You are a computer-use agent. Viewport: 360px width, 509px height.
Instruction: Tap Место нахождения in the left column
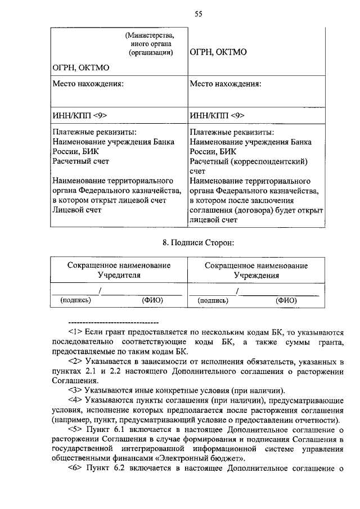pyautogui.click(x=88, y=84)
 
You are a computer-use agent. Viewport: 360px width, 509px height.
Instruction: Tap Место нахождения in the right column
pyautogui.click(x=226, y=84)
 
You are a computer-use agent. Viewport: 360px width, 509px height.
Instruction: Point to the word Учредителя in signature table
pyautogui.click(x=119, y=276)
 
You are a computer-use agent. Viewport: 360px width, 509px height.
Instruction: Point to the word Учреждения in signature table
pyautogui.click(x=256, y=276)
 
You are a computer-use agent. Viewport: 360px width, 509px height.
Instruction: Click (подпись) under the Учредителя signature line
pyautogui.click(x=76, y=300)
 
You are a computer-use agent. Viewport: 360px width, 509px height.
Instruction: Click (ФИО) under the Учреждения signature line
pyautogui.click(x=286, y=300)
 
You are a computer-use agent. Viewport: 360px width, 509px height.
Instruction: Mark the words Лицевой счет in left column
pyautogui.click(x=77, y=210)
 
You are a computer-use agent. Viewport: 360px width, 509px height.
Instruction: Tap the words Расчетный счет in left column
pyautogui.click(x=80, y=161)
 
